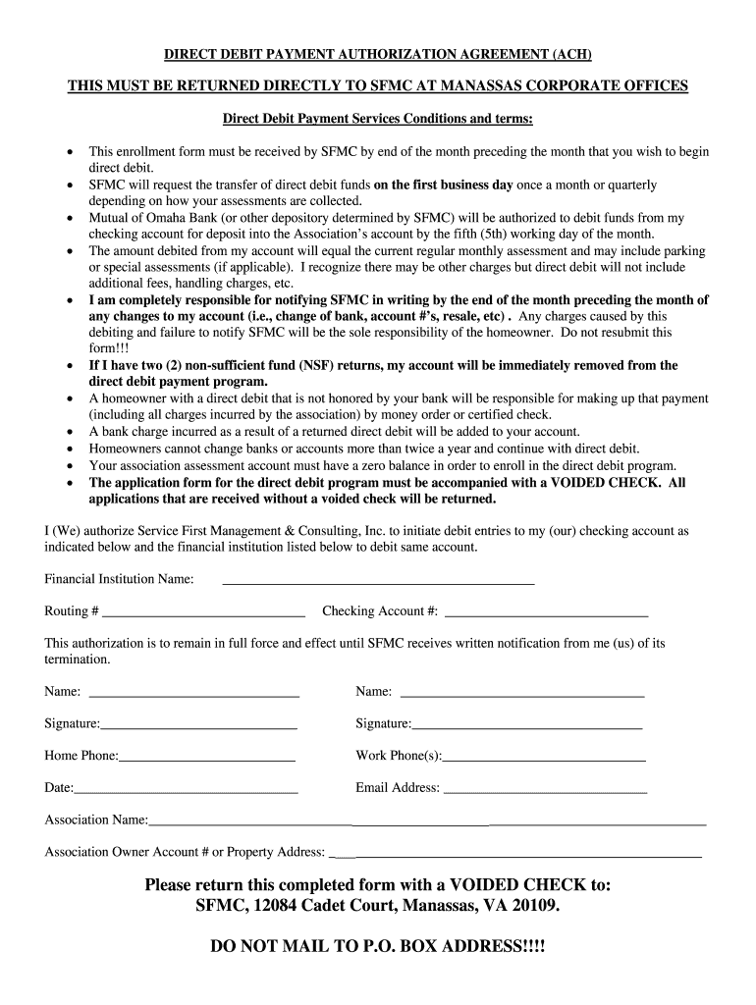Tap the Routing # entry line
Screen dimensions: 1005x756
(x=203, y=613)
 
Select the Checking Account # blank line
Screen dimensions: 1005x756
(x=546, y=613)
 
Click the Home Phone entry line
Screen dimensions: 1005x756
(x=206, y=759)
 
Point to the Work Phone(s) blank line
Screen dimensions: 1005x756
(x=544, y=759)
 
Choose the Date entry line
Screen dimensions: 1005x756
(x=186, y=790)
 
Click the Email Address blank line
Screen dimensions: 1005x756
(x=546, y=790)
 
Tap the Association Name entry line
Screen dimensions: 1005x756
(x=427, y=822)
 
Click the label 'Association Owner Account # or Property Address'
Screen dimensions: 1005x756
(x=185, y=852)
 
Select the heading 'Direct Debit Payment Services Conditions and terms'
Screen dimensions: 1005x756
(x=378, y=119)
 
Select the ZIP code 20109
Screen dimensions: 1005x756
(x=535, y=905)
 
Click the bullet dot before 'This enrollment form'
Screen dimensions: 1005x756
(x=68, y=153)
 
